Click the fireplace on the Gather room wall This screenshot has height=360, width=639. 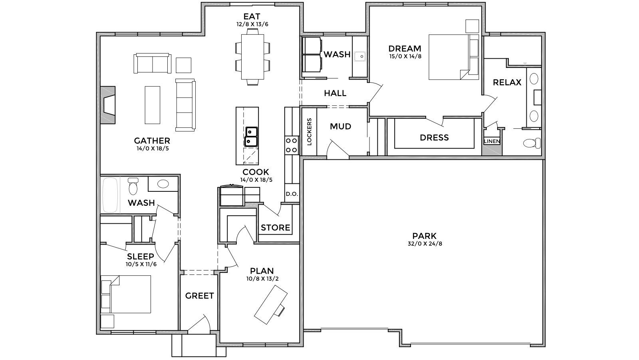108,105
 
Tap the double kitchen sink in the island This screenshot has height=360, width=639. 251,137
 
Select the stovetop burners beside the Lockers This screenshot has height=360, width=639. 292,145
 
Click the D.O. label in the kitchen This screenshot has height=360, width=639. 292,194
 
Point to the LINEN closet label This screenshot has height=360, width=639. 492,141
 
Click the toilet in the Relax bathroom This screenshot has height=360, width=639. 532,143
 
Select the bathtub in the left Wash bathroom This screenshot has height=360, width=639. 110,195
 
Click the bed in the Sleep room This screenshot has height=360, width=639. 126,294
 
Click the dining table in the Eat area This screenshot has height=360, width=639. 252,57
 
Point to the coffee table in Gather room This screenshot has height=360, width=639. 152,105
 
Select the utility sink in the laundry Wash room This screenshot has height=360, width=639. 360,56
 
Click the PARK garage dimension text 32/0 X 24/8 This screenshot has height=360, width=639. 425,244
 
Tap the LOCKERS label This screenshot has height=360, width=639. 310,131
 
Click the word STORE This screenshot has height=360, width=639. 275,227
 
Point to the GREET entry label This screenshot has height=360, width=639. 199,296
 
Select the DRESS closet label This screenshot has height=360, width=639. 434,137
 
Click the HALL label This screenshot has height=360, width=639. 335,93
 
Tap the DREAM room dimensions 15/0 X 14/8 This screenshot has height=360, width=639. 405,56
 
